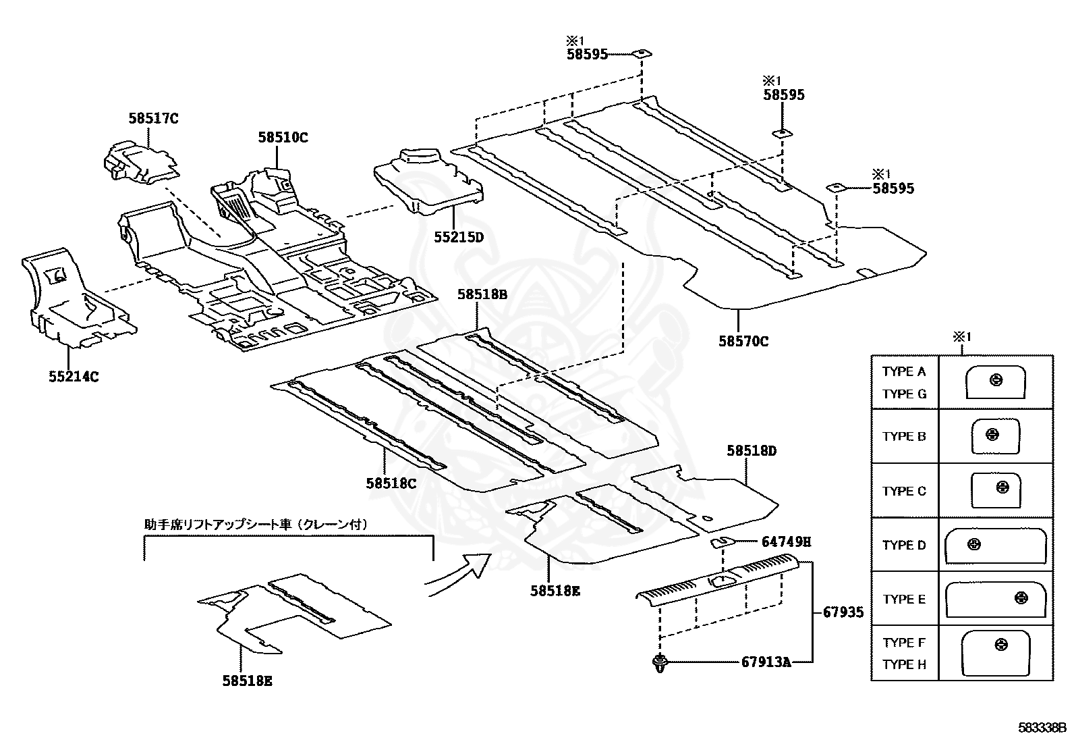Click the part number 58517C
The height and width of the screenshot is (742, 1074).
pyautogui.click(x=153, y=119)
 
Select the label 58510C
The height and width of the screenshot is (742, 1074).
pyautogui.click(x=283, y=138)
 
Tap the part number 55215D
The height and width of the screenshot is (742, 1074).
pyautogui.click(x=459, y=238)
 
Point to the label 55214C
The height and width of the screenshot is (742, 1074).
pyautogui.click(x=74, y=377)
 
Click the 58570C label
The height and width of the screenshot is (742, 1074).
pyautogui.click(x=743, y=342)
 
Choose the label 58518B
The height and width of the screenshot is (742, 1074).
pyautogui.click(x=482, y=294)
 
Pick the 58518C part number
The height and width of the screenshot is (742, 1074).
pyautogui.click(x=391, y=483)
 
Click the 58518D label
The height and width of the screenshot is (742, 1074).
pyautogui.click(x=752, y=450)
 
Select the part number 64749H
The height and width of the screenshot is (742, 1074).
pyautogui.click(x=786, y=541)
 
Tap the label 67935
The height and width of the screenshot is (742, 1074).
pyautogui.click(x=843, y=612)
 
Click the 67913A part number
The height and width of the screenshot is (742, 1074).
pyautogui.click(x=766, y=662)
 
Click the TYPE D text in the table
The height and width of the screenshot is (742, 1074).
pyautogui.click(x=904, y=545)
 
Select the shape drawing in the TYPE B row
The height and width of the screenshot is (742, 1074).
pyautogui.click(x=995, y=436)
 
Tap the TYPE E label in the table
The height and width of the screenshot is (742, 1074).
pyautogui.click(x=904, y=599)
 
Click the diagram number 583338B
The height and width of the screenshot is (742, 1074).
pyautogui.click(x=1041, y=728)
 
